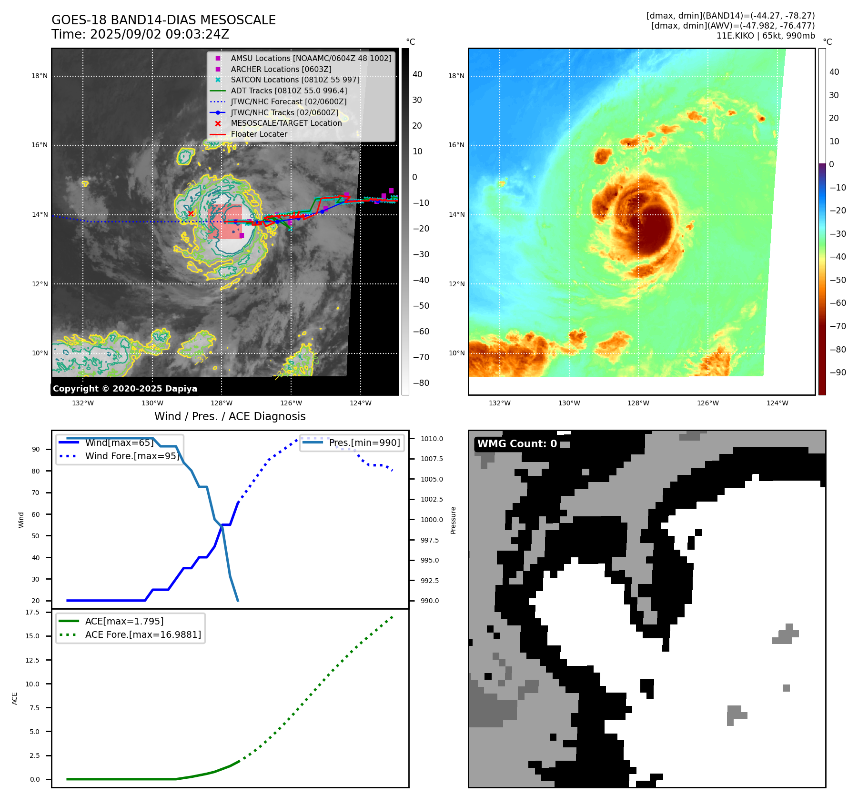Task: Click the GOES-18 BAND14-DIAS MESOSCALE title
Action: (x=163, y=20)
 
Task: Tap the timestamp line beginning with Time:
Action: (x=141, y=34)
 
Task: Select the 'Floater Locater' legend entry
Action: (x=259, y=134)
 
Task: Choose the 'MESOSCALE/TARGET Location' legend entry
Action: (x=286, y=123)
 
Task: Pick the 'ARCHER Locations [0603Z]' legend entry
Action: (x=281, y=69)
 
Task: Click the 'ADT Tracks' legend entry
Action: (x=289, y=91)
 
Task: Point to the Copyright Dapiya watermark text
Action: (x=125, y=389)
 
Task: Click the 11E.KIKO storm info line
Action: (x=765, y=36)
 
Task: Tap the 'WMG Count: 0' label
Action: (x=517, y=444)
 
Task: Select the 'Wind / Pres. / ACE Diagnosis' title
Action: (x=230, y=416)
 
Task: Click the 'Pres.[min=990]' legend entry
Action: (x=364, y=443)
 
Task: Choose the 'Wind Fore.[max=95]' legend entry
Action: (x=132, y=456)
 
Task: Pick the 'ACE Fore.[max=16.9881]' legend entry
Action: (x=143, y=634)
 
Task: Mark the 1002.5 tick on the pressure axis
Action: (x=432, y=499)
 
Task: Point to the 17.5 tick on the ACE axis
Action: (x=32, y=612)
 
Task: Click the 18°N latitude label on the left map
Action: (x=40, y=76)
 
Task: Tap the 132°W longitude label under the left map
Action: (x=83, y=403)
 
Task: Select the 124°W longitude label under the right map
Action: (x=777, y=403)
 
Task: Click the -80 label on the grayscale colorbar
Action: (x=421, y=383)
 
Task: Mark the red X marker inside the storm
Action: (x=191, y=213)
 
